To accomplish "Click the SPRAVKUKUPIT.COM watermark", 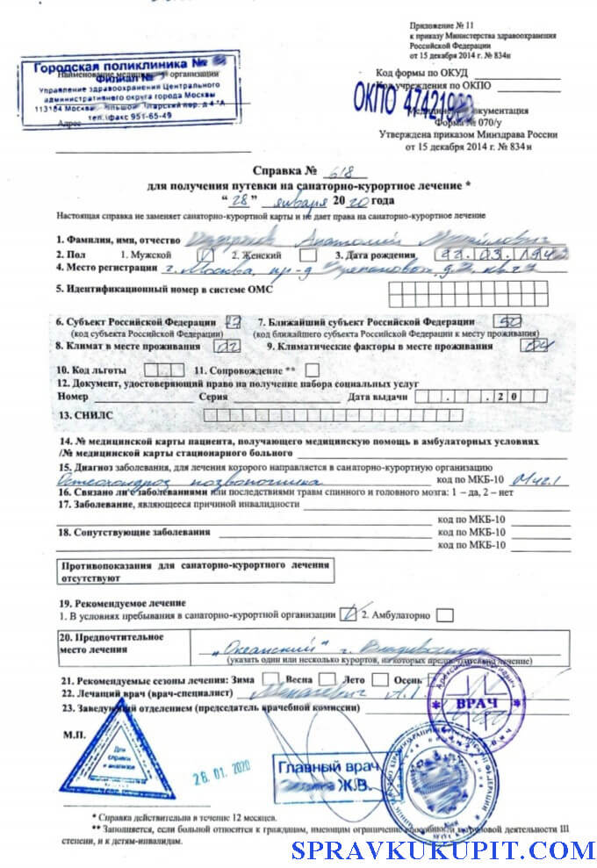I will tap(442, 850).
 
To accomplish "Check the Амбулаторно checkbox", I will tap(444, 615).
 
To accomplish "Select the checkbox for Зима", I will tap(272, 679).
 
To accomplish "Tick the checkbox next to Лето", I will tap(379, 679).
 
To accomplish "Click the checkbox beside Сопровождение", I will tap(312, 370).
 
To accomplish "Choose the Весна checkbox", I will tap(327, 679).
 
